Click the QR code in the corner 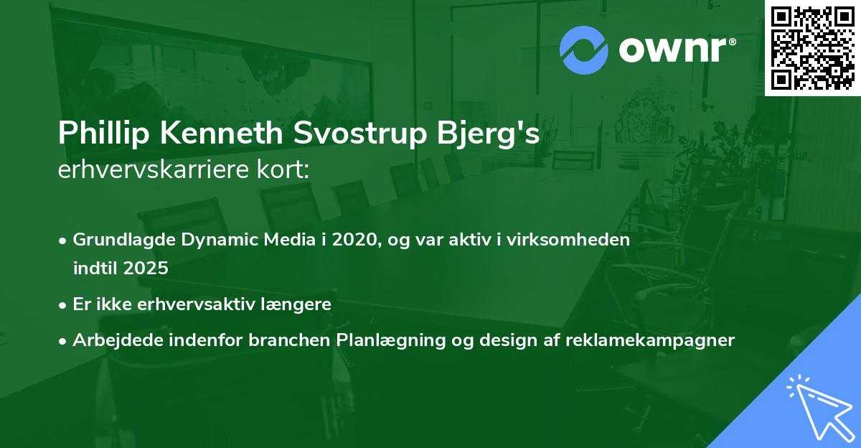[812, 47]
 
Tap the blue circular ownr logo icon [583, 50]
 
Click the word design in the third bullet [494, 340]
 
